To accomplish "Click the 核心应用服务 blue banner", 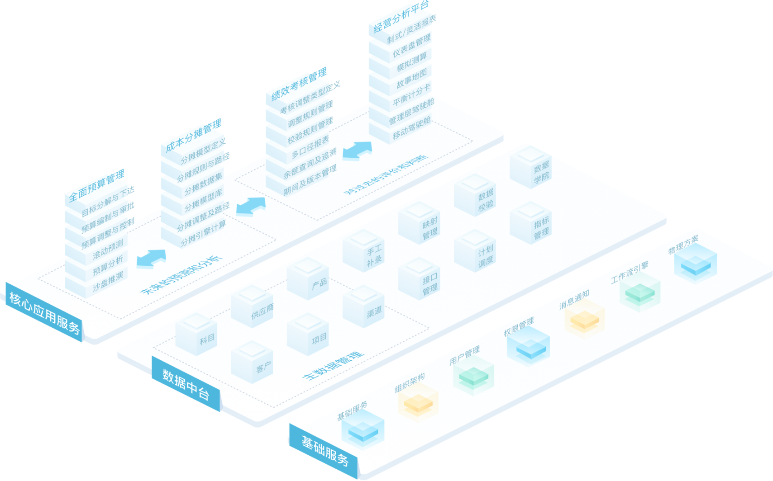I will (44, 312).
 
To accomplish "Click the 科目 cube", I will (196, 335).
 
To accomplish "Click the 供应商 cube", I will (252, 308).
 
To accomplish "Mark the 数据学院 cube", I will (531, 168).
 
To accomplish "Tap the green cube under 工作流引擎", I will (639, 293).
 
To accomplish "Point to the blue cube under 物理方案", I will (695, 264).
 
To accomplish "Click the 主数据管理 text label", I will (333, 366).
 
